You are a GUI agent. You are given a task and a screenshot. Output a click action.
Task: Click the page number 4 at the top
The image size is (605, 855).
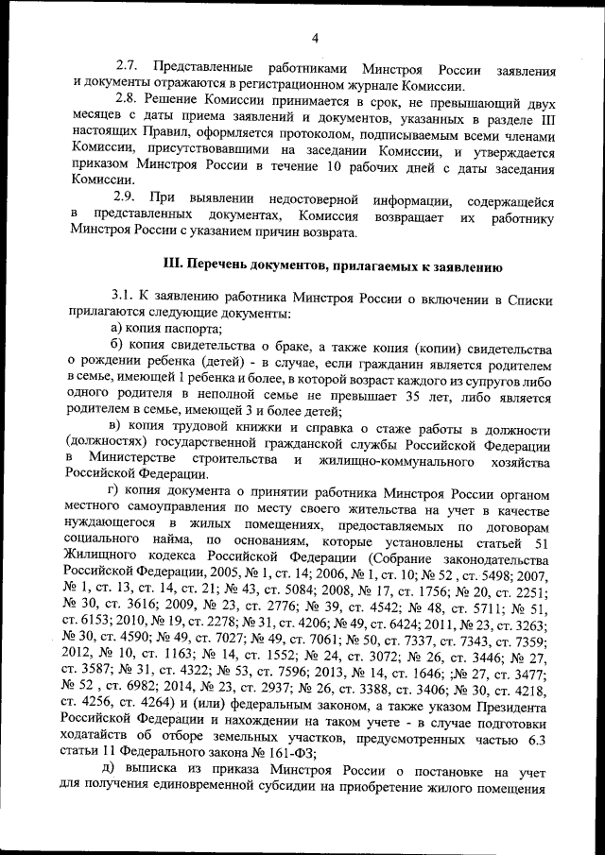[315, 38]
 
